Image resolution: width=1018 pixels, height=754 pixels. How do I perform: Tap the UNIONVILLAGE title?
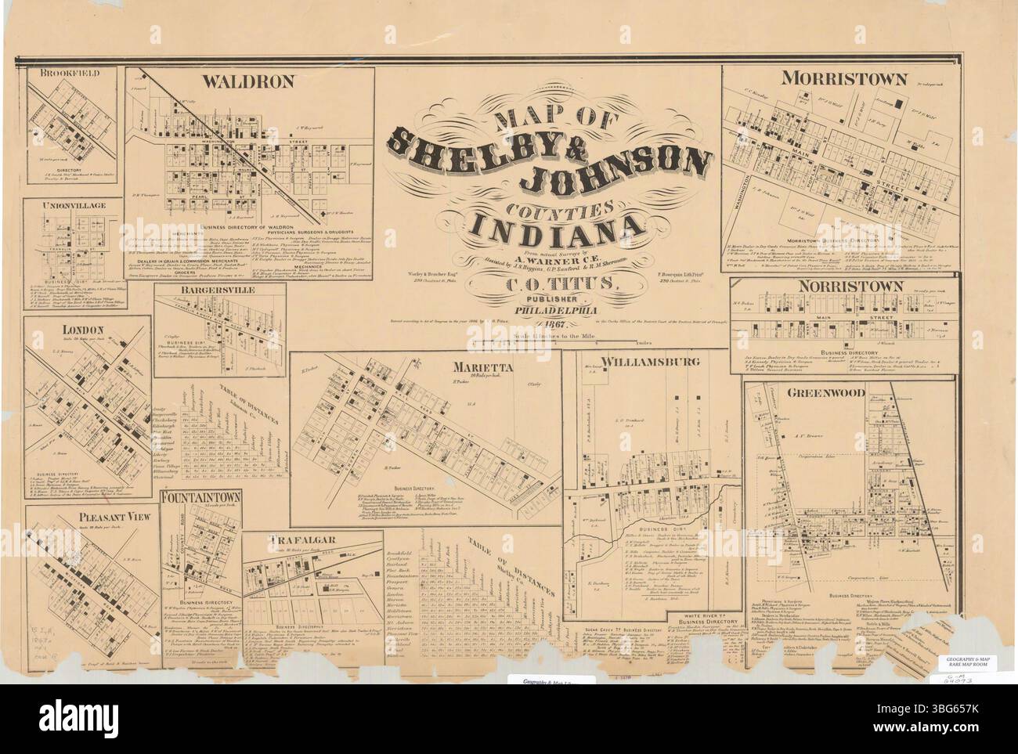[x=75, y=204]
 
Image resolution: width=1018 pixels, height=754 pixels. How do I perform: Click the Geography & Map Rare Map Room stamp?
[x=968, y=662]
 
